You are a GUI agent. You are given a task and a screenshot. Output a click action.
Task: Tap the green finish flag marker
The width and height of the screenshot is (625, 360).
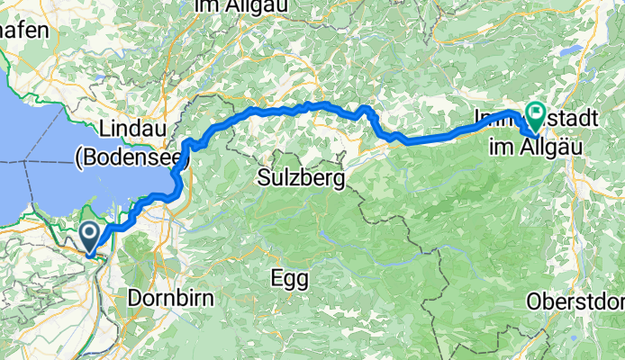(537, 115)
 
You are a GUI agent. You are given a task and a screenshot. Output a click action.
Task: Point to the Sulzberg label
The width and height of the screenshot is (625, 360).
(301, 178)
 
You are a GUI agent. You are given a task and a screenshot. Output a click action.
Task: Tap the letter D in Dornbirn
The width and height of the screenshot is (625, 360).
(135, 296)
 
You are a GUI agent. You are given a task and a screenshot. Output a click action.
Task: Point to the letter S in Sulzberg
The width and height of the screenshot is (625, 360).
(263, 178)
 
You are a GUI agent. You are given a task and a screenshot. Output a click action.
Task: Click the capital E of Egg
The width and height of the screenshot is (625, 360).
(276, 277)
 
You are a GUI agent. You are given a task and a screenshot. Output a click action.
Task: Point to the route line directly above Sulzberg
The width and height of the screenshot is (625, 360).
(301, 107)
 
